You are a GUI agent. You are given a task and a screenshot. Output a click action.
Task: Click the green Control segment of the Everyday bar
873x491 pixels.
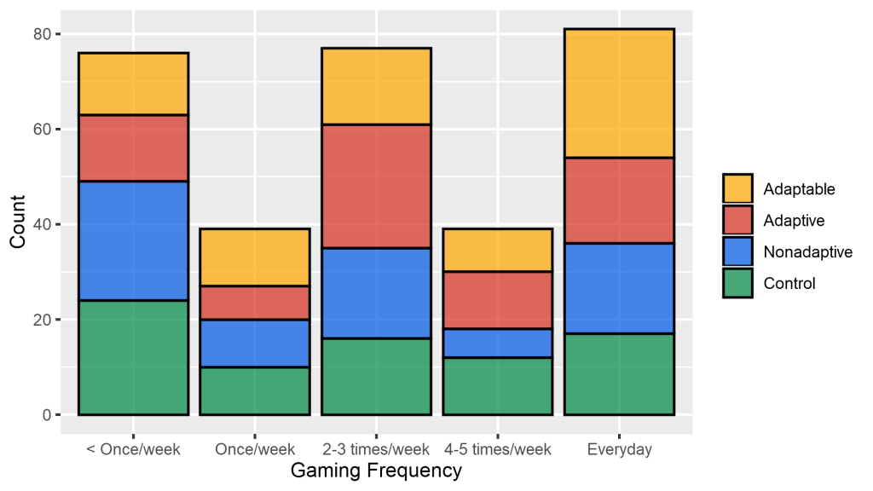coord(619,374)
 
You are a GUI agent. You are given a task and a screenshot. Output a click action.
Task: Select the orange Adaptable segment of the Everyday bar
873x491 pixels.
coord(619,93)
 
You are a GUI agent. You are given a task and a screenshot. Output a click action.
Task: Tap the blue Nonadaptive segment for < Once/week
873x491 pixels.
coord(133,240)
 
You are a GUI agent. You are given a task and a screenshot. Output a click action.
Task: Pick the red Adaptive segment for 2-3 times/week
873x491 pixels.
coord(376,186)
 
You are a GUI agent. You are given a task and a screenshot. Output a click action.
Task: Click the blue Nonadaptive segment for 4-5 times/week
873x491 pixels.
coord(498,343)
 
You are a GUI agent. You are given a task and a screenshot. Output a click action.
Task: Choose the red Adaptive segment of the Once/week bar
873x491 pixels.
coord(254,303)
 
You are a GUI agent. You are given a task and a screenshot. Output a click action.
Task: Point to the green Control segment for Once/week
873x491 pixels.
coord(254,391)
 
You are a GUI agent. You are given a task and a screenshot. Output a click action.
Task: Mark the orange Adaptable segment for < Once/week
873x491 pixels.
coord(133,84)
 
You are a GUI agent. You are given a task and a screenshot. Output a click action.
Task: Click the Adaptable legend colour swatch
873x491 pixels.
coord(737,189)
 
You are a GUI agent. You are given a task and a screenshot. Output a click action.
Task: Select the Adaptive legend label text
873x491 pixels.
coord(794,221)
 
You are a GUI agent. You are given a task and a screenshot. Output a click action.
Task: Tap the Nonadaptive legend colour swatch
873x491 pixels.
coord(737,251)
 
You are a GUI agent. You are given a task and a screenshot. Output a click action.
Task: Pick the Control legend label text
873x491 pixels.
coord(789,283)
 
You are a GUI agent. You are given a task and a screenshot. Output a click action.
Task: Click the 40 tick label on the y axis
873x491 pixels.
coord(41,225)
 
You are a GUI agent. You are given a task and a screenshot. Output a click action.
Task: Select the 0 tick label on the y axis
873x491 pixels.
coord(45,415)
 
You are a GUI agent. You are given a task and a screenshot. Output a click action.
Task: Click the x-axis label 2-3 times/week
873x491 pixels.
coord(376,449)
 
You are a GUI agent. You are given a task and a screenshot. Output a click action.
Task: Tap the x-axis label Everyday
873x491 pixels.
coord(619,449)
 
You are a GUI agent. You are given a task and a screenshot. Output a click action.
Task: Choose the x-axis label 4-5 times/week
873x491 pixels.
coord(498,449)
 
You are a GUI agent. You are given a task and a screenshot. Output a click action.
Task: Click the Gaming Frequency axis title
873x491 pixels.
coord(376,471)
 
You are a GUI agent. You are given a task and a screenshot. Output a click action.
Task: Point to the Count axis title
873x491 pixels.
coord(18,224)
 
